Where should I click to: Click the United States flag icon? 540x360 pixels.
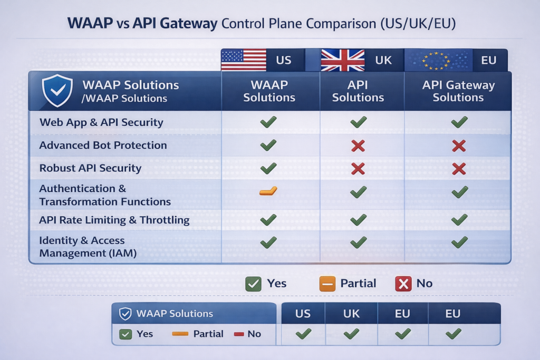click(244, 60)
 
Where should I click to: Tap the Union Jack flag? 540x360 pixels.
click(343, 60)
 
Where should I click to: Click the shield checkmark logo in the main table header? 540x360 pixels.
click(57, 90)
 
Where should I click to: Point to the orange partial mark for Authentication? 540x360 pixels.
click(268, 191)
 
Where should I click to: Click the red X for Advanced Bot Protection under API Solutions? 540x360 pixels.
click(358, 145)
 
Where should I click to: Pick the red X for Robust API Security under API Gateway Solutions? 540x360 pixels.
click(459, 169)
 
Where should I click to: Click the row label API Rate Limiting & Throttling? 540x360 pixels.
click(114, 220)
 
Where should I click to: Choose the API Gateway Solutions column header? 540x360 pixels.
click(458, 91)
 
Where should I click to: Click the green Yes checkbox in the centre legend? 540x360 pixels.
click(253, 284)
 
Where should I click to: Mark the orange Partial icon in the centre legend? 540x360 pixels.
click(327, 284)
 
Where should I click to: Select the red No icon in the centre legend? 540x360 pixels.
click(403, 284)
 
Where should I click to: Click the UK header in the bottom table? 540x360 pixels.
click(351, 314)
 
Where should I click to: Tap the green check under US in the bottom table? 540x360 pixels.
click(303, 333)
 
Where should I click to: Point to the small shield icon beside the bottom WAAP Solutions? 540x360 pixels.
click(125, 314)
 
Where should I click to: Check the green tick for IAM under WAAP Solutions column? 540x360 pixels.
click(268, 242)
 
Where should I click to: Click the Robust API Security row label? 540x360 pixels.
click(90, 169)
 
